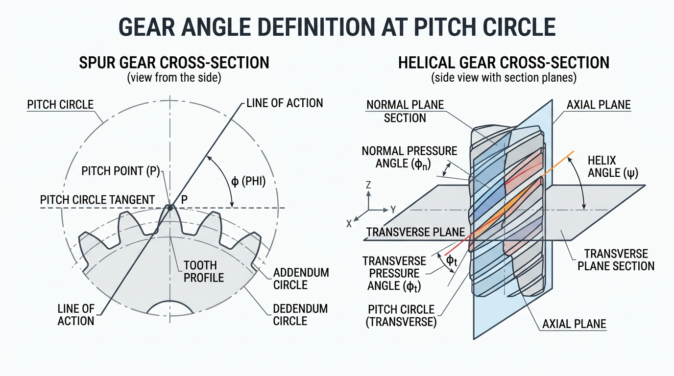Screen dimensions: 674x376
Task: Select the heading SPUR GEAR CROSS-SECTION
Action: pyautogui.click(x=174, y=63)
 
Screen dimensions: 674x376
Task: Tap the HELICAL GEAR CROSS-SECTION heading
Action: pyautogui.click(x=504, y=63)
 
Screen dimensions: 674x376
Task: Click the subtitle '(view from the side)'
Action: pyautogui.click(x=174, y=78)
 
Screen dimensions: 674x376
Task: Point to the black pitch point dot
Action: pyautogui.click(x=170, y=208)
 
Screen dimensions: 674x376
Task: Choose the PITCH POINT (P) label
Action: pyautogui.click(x=120, y=171)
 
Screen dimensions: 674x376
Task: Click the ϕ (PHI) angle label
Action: pyautogui.click(x=248, y=181)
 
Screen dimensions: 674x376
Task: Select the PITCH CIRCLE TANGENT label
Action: pyautogui.click(x=97, y=200)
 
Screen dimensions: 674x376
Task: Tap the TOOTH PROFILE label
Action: pyautogui.click(x=204, y=271)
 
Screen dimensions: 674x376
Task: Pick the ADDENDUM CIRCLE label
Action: pyautogui.click(x=301, y=279)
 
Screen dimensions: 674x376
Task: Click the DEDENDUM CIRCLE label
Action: pyautogui.click(x=300, y=315)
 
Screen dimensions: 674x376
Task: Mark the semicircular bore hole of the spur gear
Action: pyautogui.click(x=170, y=308)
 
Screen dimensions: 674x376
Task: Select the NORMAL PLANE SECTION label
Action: pyautogui.click(x=405, y=111)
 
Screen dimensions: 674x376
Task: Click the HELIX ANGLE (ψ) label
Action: pyautogui.click(x=613, y=166)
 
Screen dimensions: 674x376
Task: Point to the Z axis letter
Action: pyautogui.click(x=368, y=185)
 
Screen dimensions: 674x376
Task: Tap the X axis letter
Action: pyautogui.click(x=349, y=224)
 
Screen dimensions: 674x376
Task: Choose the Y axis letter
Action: pyautogui.click(x=393, y=210)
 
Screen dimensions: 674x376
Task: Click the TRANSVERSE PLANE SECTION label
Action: pyautogui.click(x=616, y=260)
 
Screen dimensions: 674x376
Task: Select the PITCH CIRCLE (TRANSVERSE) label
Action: pyautogui.click(x=401, y=316)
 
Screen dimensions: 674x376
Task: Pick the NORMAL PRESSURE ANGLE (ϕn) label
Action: pyautogui.click(x=409, y=157)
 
